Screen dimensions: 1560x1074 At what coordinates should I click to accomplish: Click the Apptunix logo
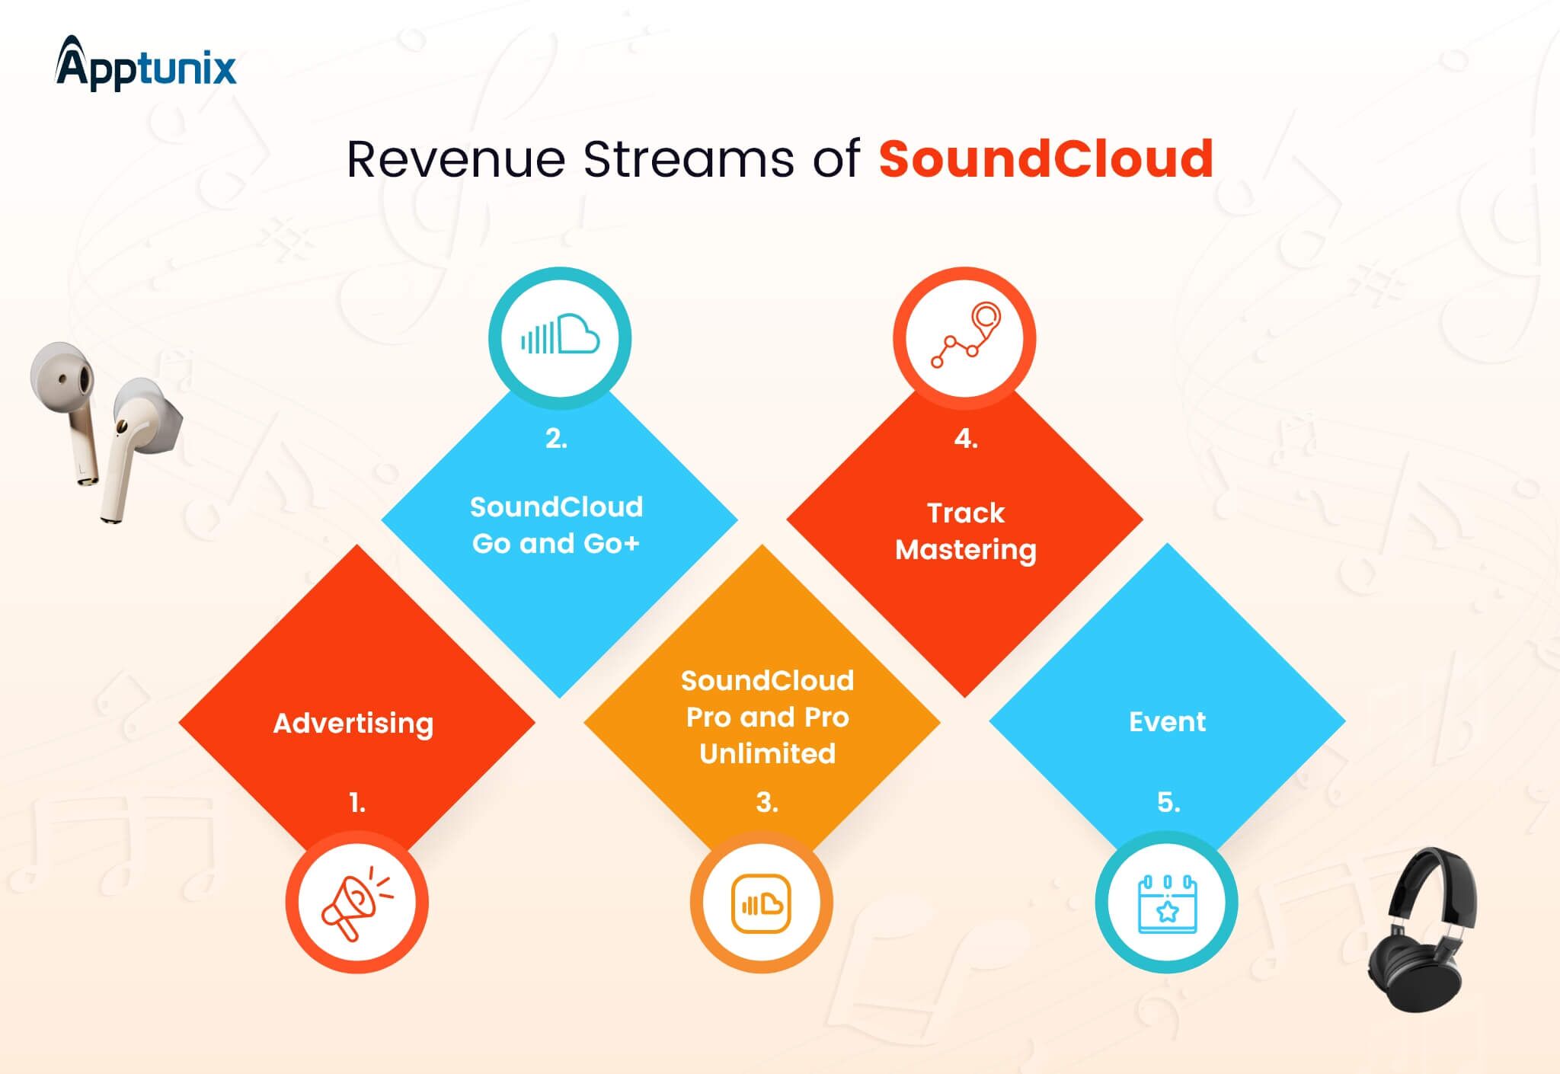pyautogui.click(x=145, y=64)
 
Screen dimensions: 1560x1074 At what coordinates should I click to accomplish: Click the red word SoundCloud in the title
pyautogui.click(x=1046, y=159)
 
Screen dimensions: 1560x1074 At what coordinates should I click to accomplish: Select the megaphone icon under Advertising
pyautogui.click(x=356, y=903)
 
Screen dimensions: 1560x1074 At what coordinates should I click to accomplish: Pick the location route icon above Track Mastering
pyautogui.click(x=965, y=335)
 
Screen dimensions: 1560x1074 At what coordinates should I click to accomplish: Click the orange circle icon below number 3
pyautogui.click(x=761, y=903)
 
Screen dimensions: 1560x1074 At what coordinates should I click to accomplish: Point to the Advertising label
pyautogui.click(x=353, y=724)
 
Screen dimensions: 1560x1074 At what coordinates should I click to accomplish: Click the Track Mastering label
pyautogui.click(x=966, y=532)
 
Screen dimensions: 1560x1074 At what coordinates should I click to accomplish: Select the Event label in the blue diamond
pyautogui.click(x=1167, y=721)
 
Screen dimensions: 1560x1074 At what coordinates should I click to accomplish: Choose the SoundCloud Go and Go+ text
pyautogui.click(x=556, y=525)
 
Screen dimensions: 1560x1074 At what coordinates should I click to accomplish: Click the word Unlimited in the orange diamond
pyautogui.click(x=767, y=753)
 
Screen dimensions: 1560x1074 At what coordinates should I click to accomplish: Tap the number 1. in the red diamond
pyautogui.click(x=357, y=802)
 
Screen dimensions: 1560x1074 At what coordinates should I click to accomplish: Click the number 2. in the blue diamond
pyautogui.click(x=556, y=438)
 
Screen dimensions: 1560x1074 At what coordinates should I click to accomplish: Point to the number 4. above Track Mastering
pyautogui.click(x=966, y=438)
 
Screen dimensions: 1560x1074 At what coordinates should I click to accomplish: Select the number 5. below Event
pyautogui.click(x=1168, y=802)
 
